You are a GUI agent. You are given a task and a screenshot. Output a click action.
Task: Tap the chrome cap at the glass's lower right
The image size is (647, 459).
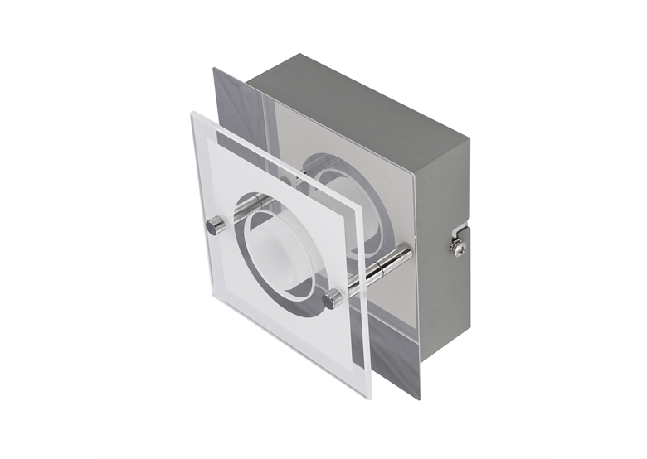[x=333, y=299]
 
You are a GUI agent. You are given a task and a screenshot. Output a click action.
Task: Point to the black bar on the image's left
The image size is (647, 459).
[x=46, y=229]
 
